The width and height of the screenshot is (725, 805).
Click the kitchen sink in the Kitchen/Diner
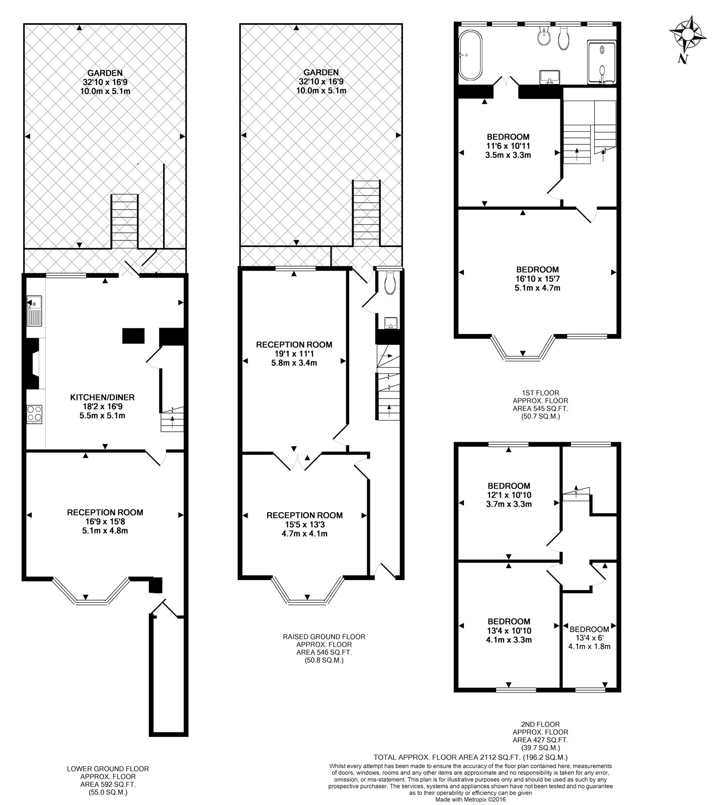34,310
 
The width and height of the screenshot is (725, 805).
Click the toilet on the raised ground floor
389,283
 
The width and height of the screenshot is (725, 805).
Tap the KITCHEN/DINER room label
102,397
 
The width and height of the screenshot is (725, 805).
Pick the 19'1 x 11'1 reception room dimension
294,354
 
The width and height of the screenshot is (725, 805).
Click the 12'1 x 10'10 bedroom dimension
509,495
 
